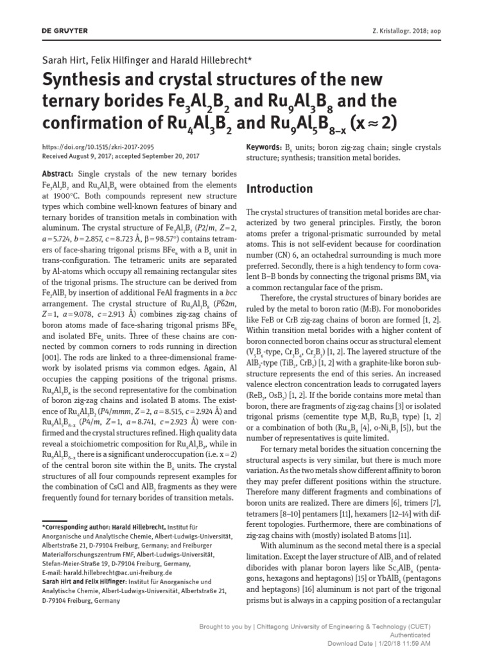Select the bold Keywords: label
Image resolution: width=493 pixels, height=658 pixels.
tap(264, 147)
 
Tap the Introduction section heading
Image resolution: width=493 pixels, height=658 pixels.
tap(280, 189)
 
